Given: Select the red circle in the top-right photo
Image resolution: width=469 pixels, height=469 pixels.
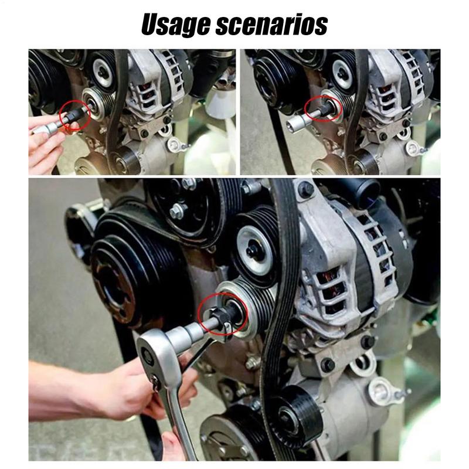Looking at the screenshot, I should point(324,110).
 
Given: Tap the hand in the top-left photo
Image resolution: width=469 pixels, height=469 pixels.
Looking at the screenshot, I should point(44,149).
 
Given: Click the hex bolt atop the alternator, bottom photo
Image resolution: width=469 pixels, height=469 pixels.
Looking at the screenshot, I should point(305,189).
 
